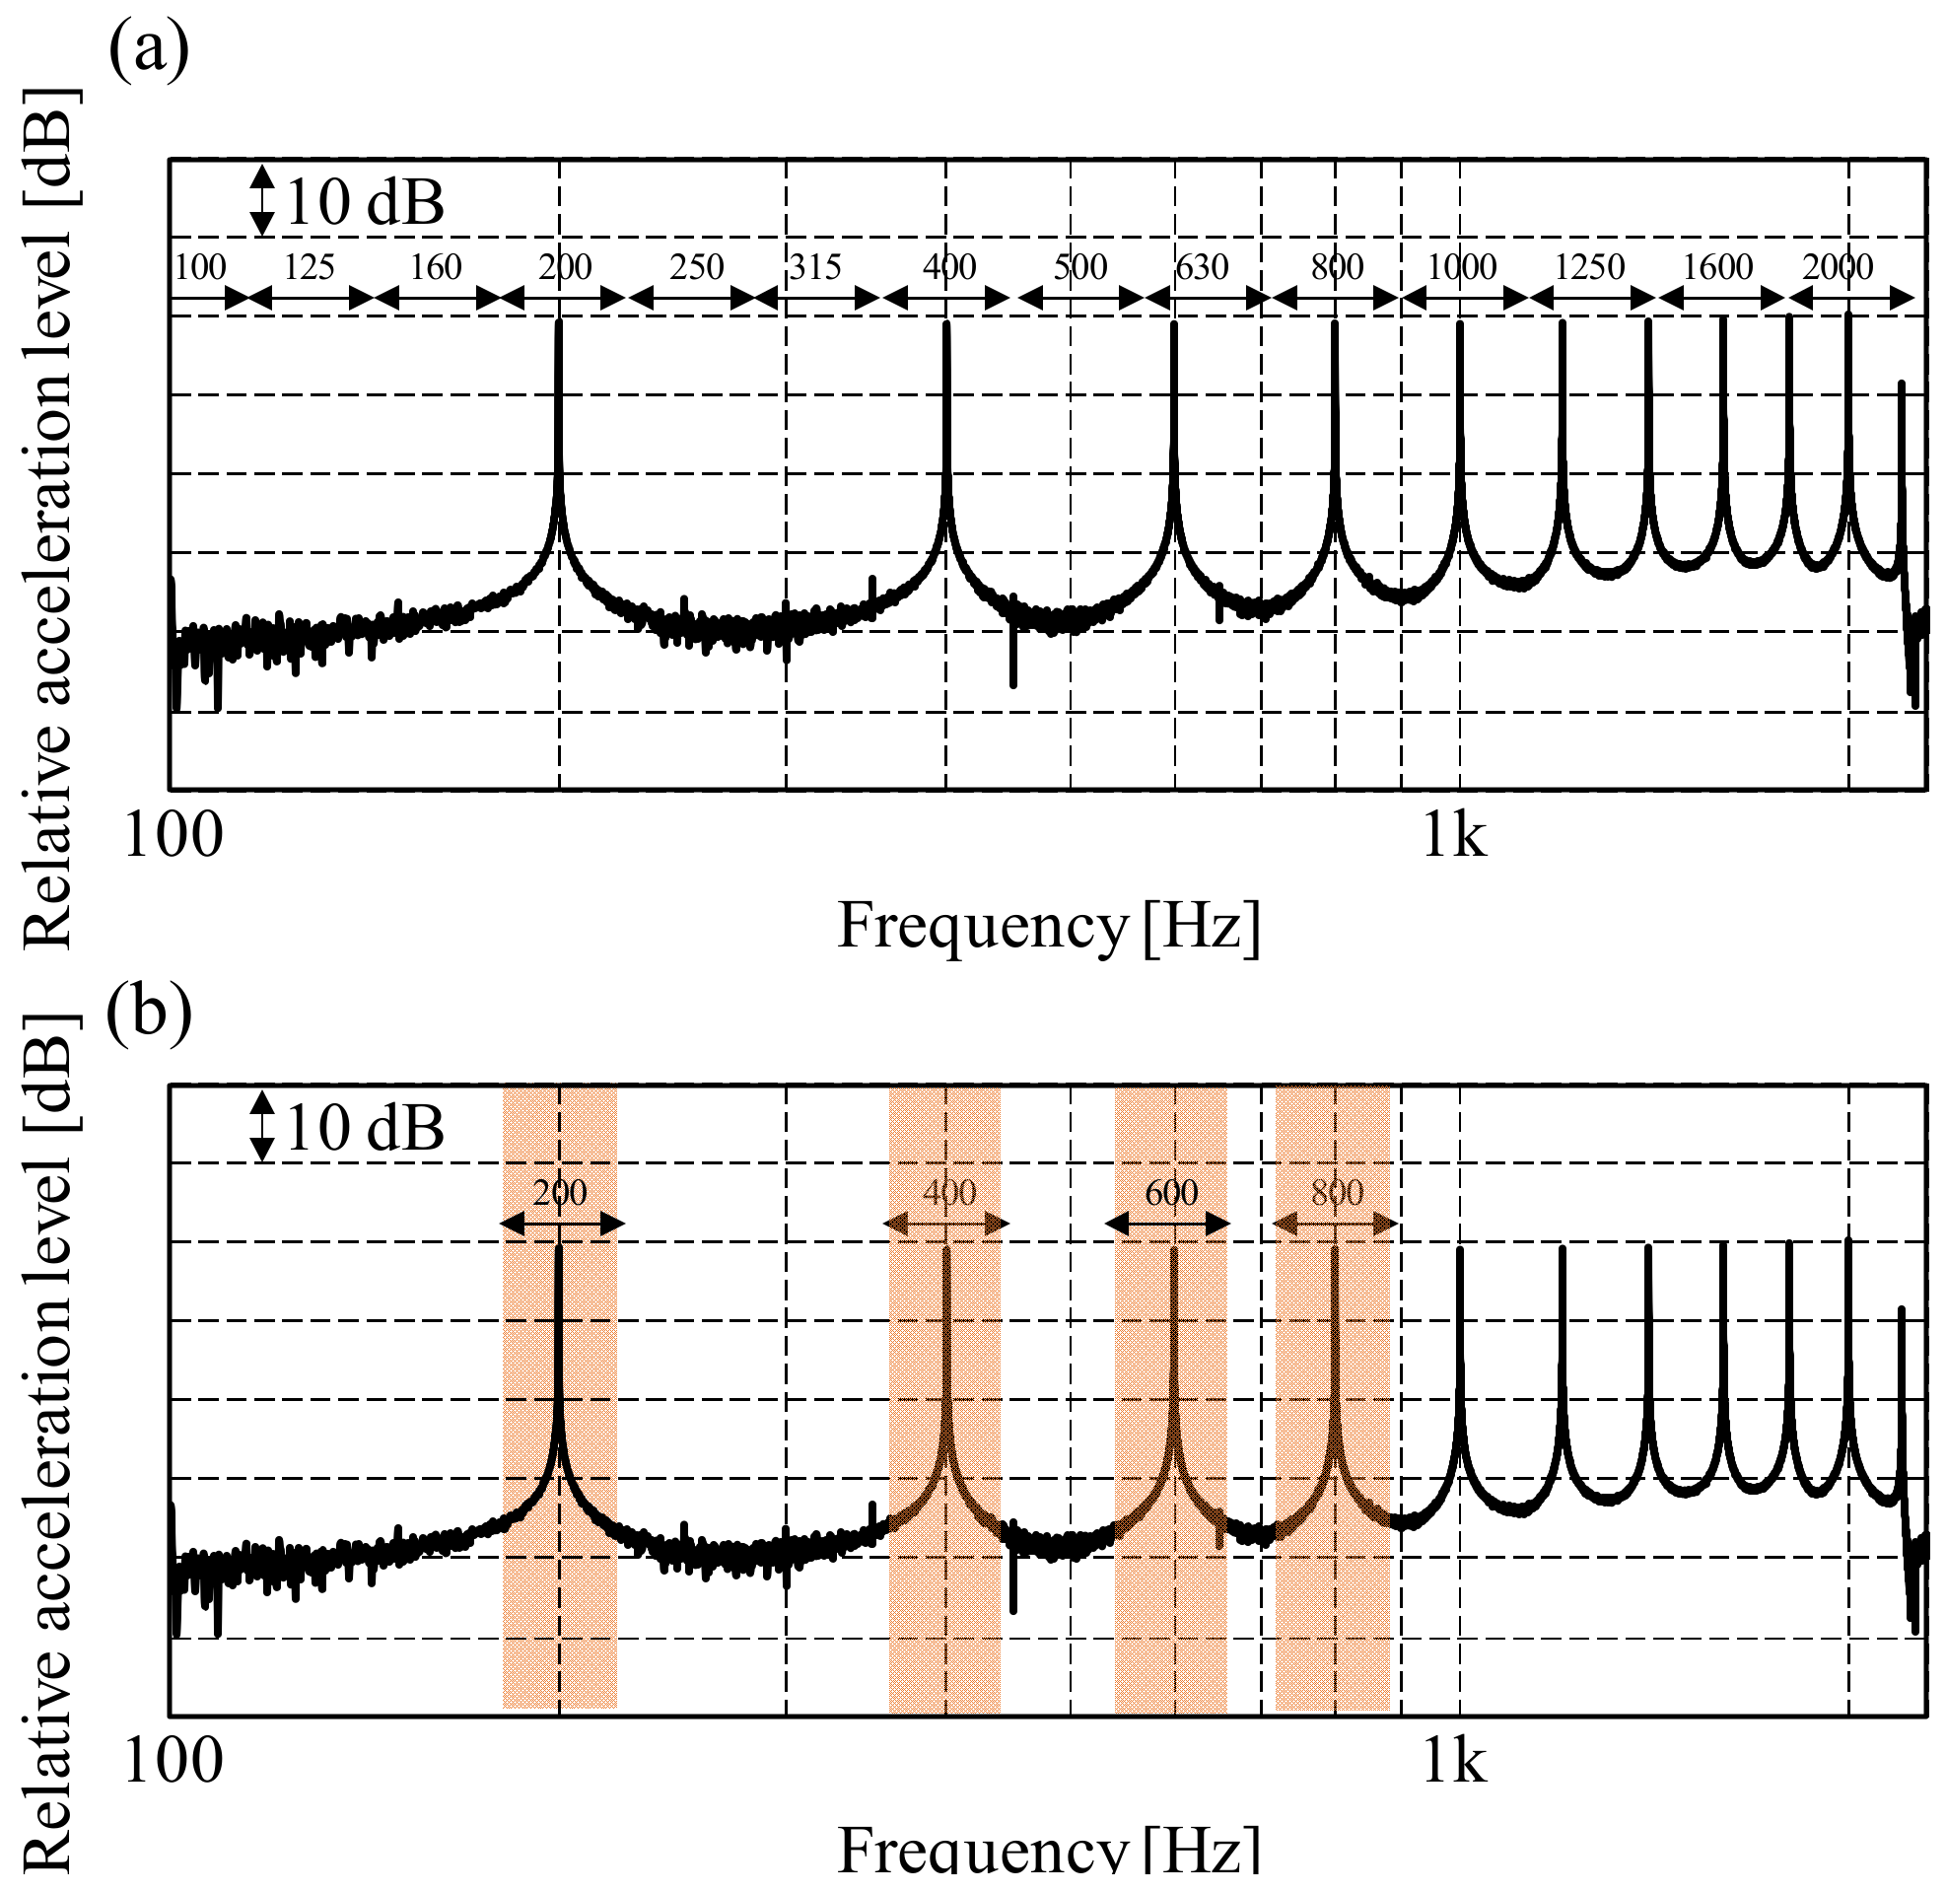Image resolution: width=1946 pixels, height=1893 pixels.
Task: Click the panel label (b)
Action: (x=149, y=1016)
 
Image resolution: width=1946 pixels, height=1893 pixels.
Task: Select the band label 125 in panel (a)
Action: (x=310, y=267)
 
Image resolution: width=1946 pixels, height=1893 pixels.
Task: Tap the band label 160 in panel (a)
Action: (x=436, y=267)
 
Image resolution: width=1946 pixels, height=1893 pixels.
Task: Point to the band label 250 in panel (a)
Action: (x=696, y=267)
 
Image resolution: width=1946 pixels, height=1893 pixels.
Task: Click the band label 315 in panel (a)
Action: (x=815, y=267)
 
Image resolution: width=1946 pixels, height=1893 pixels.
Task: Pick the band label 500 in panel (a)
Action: (x=1080, y=267)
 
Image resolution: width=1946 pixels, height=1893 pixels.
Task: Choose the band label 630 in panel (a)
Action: (x=1202, y=267)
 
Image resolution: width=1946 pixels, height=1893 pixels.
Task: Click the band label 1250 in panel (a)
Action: (x=1589, y=267)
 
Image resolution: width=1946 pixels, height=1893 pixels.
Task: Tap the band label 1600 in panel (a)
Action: (x=1717, y=267)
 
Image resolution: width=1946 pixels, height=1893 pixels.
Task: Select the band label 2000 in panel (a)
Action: (x=1838, y=267)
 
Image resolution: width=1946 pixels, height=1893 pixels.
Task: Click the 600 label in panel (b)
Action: (x=1171, y=1192)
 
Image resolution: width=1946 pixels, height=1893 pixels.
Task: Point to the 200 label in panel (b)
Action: (x=560, y=1192)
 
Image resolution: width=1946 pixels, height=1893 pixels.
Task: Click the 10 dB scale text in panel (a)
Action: (x=364, y=203)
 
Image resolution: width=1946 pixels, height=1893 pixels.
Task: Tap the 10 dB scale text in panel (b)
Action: (x=364, y=1129)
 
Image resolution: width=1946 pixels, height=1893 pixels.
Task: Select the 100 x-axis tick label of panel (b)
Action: (x=173, y=1762)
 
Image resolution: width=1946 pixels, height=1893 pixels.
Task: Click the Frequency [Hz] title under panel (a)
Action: (x=1049, y=927)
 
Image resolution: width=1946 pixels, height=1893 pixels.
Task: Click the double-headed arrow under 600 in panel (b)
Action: (x=1168, y=1225)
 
